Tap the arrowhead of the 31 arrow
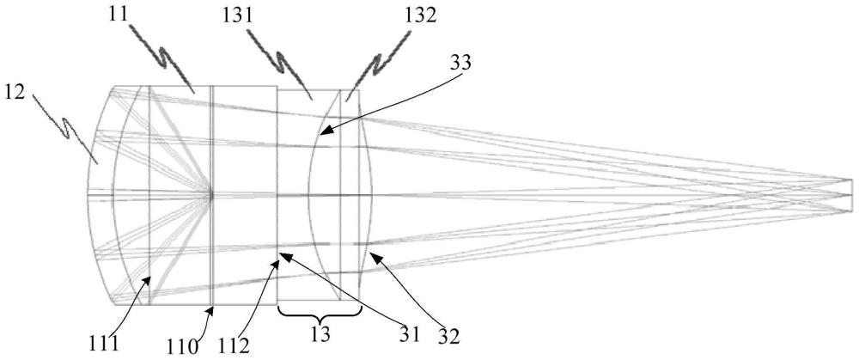281,253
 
